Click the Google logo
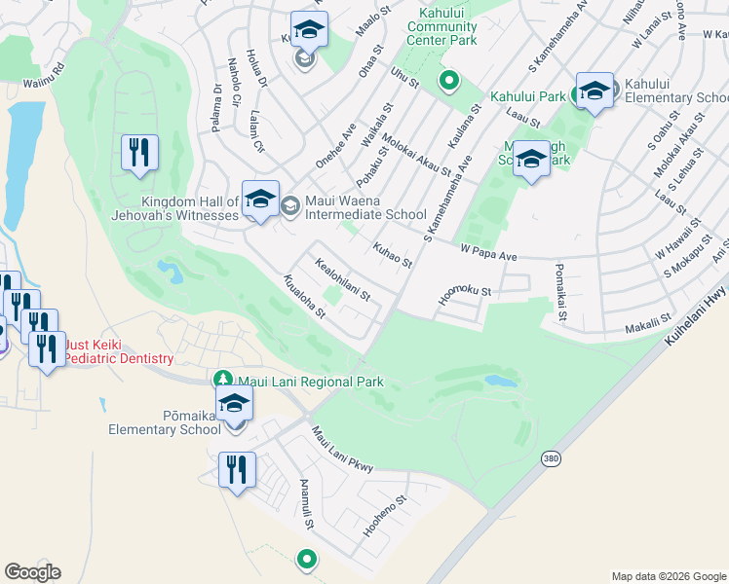[x=32, y=572]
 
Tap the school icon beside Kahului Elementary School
[x=595, y=91]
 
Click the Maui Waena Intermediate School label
[x=365, y=207]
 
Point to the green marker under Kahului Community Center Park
[x=448, y=80]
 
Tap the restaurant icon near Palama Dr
[x=139, y=153]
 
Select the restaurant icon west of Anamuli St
[x=237, y=471]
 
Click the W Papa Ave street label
[x=488, y=254]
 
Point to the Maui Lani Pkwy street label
[x=342, y=451]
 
